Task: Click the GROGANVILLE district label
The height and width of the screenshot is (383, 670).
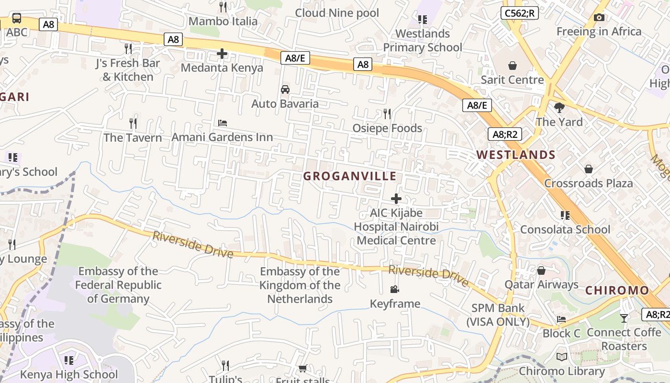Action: [350, 176]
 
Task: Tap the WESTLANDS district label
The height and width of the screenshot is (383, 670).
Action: [516, 155]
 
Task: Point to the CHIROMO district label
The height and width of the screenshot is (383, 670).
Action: [617, 290]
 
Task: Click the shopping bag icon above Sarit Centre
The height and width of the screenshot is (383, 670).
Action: [513, 65]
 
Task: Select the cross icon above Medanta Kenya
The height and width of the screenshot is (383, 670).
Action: [222, 54]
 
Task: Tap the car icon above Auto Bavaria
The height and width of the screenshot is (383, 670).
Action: [285, 90]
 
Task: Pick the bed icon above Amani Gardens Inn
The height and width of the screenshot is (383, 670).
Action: [223, 123]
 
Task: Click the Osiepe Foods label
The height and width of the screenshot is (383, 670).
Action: [387, 128]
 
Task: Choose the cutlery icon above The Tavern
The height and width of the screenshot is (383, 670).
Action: [133, 124]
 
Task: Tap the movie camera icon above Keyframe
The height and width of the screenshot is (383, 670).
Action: [395, 289]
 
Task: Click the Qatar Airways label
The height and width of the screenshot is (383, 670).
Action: [541, 284]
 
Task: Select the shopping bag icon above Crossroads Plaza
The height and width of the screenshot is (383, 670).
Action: [589, 169]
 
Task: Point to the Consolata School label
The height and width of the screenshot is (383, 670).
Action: [565, 229]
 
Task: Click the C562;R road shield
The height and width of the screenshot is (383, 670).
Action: [520, 13]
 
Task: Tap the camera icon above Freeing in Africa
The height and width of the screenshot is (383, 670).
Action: [599, 18]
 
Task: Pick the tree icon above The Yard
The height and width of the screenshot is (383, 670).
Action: [559, 107]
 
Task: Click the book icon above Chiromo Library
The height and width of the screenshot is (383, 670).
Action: [562, 357]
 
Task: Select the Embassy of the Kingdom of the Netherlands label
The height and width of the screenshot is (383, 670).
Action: [300, 285]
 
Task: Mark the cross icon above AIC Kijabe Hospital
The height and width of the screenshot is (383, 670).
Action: [396, 198]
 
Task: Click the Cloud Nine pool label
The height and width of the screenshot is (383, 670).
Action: [337, 13]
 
